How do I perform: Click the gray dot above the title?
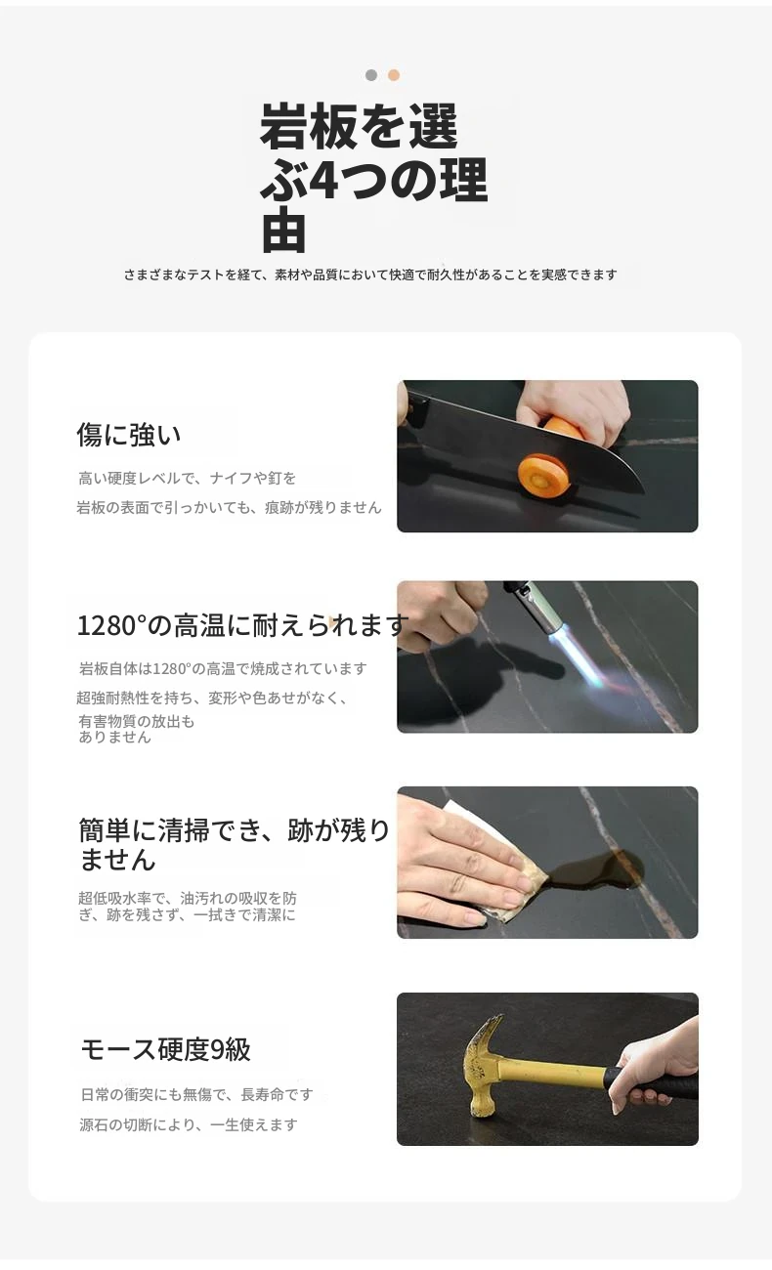(x=371, y=75)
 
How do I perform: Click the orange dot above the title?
(x=394, y=75)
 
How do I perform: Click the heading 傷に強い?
(x=129, y=435)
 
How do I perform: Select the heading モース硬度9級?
(x=165, y=1049)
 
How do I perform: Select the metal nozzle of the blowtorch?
(x=540, y=609)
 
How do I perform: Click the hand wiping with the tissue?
(x=465, y=856)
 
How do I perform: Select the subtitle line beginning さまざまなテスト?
(x=370, y=275)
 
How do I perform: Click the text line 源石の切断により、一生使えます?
(x=189, y=1124)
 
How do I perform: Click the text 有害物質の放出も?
(x=137, y=722)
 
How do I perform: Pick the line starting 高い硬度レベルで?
(x=188, y=479)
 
